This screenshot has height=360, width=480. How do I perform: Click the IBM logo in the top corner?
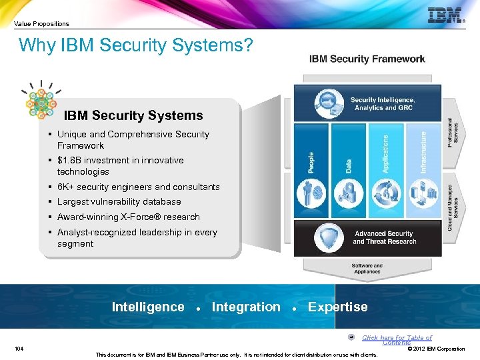445,15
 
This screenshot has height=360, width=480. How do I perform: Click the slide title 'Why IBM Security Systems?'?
136,45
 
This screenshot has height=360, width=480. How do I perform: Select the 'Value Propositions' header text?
41,23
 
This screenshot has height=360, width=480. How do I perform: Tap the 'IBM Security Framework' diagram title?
367,59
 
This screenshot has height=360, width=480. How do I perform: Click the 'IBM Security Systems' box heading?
133,116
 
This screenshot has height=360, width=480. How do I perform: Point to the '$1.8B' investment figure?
72,160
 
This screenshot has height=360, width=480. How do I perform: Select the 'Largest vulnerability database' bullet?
119,201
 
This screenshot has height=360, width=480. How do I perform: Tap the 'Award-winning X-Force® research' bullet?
128,217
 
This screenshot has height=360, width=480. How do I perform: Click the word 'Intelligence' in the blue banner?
147,307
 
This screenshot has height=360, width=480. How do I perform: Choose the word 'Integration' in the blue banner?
246,307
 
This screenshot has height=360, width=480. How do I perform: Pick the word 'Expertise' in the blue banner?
337,307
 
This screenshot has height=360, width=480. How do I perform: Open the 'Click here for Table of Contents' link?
397,339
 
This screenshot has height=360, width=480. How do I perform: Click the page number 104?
19,349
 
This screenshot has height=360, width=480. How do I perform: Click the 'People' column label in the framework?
311,163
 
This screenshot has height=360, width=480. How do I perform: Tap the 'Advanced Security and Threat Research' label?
384,237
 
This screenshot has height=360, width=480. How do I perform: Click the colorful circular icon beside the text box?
41,102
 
